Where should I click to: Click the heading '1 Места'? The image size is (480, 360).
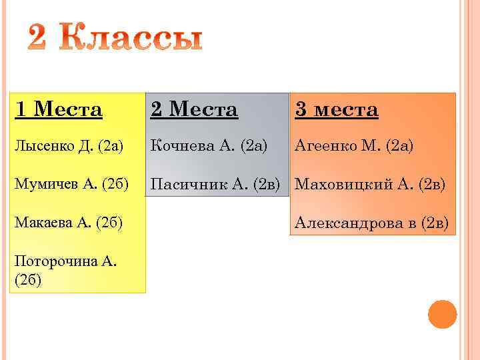[x=58, y=109]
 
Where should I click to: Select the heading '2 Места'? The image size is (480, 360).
[x=194, y=109]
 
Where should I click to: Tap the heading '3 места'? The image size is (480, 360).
[x=337, y=109]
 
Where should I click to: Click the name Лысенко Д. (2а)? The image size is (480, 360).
[x=68, y=146]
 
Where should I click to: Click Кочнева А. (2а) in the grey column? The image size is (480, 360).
[x=209, y=145]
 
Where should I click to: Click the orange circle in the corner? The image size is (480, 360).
[x=441, y=314]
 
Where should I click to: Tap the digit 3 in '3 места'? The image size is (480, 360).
[x=301, y=109]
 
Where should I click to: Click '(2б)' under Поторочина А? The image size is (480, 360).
[x=27, y=280]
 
